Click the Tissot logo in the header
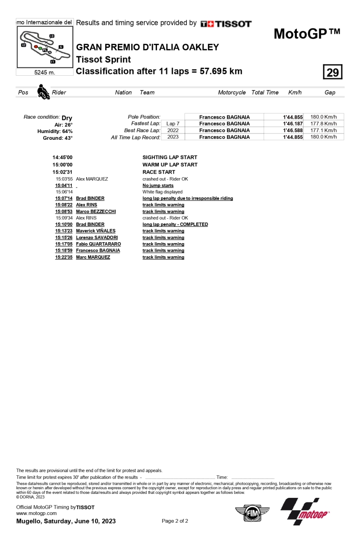coord(226,24)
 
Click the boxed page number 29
coord(332,72)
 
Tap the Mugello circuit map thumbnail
coord(45,47)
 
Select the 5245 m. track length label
coord(45,72)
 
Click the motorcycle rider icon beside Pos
coord(43,92)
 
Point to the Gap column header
coord(330,92)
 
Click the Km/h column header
coord(295,92)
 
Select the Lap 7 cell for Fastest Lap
coord(173,124)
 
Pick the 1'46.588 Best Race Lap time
coord(293,130)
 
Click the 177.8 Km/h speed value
coord(323,124)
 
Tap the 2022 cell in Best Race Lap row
coord(173,130)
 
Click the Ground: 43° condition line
coord(58,138)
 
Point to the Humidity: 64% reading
coord(55,131)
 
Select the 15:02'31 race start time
coord(62,172)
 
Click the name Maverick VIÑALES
coord(96,231)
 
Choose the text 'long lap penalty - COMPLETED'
coord(175,224)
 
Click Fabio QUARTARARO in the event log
coord(98,244)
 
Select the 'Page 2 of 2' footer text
coord(175,521)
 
